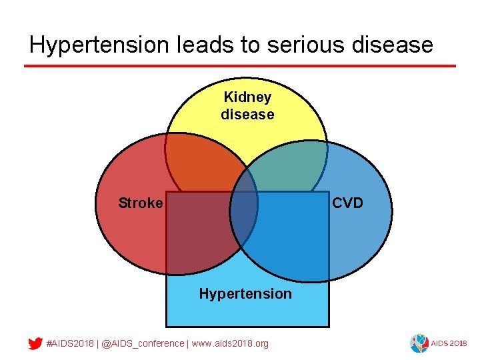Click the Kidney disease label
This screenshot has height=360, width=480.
tap(247, 106)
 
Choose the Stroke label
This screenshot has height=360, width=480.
tap(140, 203)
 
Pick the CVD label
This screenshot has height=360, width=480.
tap(347, 203)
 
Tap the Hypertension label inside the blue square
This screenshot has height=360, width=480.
tap(245, 294)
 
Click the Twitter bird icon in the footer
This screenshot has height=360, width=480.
tap(35, 344)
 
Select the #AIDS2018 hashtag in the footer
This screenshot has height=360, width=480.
tap(70, 344)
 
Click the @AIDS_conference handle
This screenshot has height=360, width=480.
tap(143, 344)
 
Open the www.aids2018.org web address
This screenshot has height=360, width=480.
tap(231, 344)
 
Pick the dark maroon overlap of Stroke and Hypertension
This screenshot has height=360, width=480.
tap(200, 233)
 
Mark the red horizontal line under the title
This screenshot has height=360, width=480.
tap(240, 66)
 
